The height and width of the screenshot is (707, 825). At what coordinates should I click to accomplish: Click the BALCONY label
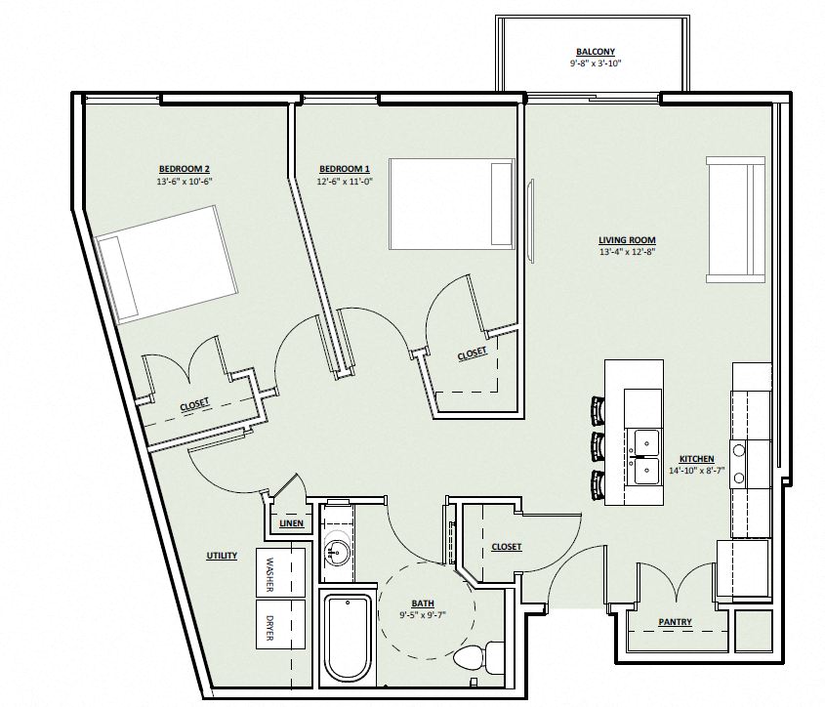pos(596,52)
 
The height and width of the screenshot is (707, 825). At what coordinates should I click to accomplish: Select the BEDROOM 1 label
pos(345,169)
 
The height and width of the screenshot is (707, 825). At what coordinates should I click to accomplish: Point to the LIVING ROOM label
pos(627,240)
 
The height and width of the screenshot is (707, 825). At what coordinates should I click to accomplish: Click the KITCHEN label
pos(697,459)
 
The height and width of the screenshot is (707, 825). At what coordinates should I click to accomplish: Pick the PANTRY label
pos(675,622)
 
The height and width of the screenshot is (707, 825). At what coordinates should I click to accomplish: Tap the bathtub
pos(348,637)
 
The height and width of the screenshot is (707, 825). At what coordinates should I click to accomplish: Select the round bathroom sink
pos(337,552)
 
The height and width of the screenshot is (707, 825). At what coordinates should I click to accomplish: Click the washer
pos(280,572)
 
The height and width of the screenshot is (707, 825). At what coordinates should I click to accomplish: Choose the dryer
pos(280,624)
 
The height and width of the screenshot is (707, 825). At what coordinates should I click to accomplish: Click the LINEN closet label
pos(292,523)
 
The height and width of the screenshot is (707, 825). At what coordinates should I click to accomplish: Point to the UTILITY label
pos(222,556)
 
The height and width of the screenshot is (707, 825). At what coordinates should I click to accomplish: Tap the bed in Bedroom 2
pos(166,265)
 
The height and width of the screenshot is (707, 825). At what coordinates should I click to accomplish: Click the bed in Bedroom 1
pos(452,204)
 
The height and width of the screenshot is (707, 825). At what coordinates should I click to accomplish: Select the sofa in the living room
pos(735,220)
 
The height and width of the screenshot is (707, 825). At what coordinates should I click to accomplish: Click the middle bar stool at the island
pos(598,446)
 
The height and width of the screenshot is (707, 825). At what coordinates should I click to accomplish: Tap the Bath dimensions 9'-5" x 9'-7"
pos(423,614)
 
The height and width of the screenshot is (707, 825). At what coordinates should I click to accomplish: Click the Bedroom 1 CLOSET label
pos(472,354)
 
